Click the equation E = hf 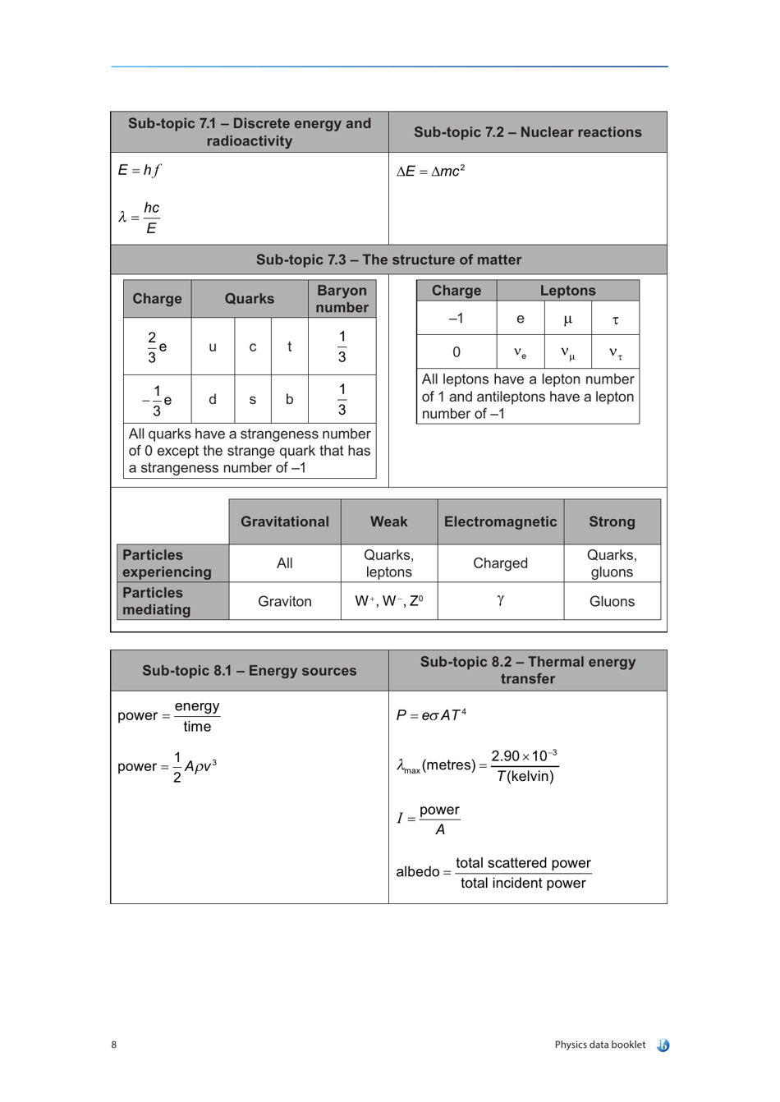[139, 170]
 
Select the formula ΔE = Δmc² [430, 171]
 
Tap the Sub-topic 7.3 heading [388, 259]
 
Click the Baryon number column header [342, 299]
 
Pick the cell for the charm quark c [253, 347]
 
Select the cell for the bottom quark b [289, 399]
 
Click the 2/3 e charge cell [157, 347]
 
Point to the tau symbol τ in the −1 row [615, 319]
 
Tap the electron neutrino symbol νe [520, 352]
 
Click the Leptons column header [567, 291]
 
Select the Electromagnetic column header [500, 521]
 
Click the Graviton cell [284, 601]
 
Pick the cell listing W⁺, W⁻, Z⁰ [388, 601]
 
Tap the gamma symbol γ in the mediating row [500, 600]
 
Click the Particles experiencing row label [167, 563]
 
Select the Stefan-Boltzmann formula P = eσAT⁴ [431, 714]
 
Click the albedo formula [493, 872]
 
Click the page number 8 [114, 1045]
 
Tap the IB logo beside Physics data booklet [663, 1045]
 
